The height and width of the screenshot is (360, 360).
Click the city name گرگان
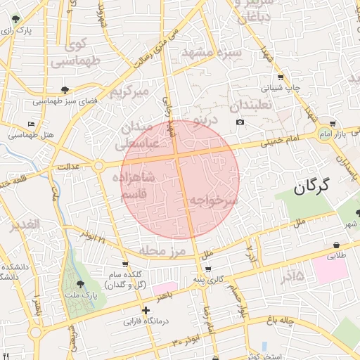coord(312,186)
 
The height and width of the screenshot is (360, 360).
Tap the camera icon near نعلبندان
coord(240,122)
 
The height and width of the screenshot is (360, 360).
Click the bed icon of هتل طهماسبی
coord(32,124)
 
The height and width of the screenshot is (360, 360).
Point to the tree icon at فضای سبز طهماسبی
coord(65,90)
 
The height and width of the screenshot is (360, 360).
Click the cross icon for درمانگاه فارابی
coord(146,310)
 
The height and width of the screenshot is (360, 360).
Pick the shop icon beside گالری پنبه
coord(207,269)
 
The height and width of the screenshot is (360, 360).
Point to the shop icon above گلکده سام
coord(125,264)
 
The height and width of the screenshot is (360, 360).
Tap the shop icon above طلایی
coord(337,245)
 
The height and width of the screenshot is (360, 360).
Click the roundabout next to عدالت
coord(98,166)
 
